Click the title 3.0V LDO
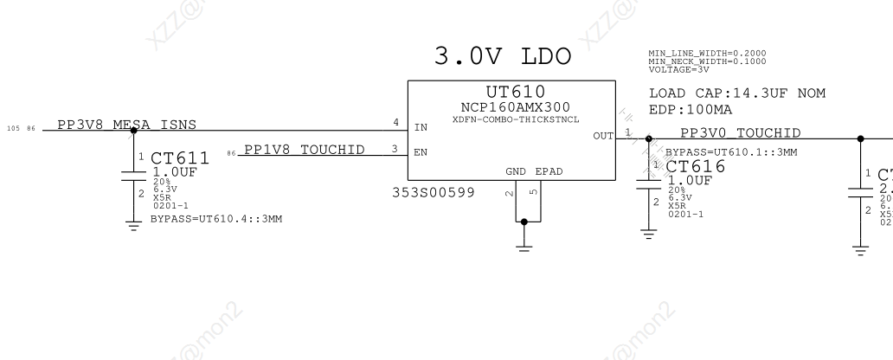[505, 58]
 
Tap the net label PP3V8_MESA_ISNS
[126, 125]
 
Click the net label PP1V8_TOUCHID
[304, 150]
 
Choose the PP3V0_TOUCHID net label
[740, 132]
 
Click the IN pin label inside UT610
[421, 127]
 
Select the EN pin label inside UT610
[421, 152]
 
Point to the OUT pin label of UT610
[603, 136]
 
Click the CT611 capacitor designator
[180, 159]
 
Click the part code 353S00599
[434, 192]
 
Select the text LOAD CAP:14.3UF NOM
[736, 93]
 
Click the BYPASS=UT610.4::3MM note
[204, 219]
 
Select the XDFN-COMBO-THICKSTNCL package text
[516, 119]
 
